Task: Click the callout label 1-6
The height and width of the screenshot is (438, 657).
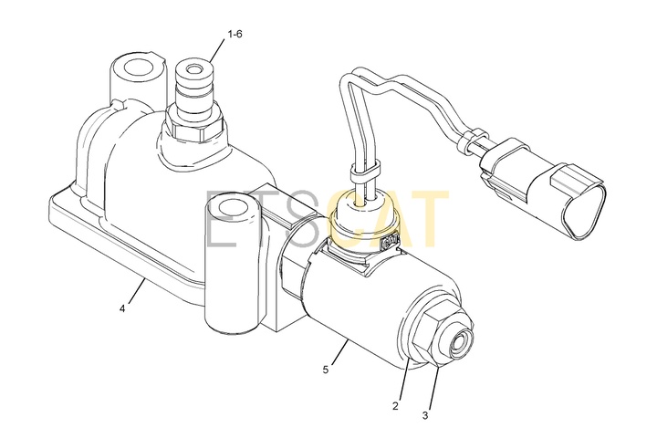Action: pyautogui.click(x=235, y=34)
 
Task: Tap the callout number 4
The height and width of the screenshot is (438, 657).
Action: pyautogui.click(x=122, y=309)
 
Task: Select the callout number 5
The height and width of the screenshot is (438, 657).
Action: pyautogui.click(x=326, y=370)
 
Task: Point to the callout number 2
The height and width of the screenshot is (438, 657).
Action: pyautogui.click(x=395, y=406)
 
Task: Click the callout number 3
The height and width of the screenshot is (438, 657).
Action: pyautogui.click(x=425, y=416)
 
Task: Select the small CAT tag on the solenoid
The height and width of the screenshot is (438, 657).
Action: pyautogui.click(x=388, y=242)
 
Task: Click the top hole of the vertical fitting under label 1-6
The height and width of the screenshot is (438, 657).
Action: pyautogui.click(x=194, y=68)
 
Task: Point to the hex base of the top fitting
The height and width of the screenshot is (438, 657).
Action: pyautogui.click(x=196, y=125)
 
